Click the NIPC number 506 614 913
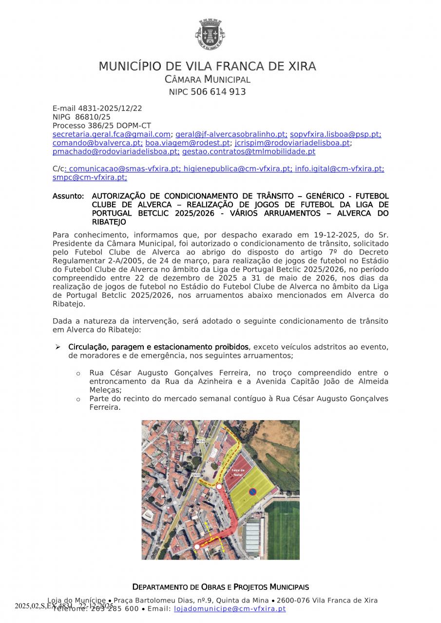pyautogui.click(x=218, y=92)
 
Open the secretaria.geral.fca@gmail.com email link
pyautogui.click(x=111, y=134)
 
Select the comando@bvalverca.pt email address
pyautogui.click(x=97, y=143)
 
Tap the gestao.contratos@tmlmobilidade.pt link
pyautogui.click(x=249, y=152)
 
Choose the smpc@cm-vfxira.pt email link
pyautogui.click(x=89, y=178)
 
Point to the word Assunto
pyautogui.click(x=68, y=196)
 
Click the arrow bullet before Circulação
pyautogui.click(x=58, y=347)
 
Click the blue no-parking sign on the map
pyautogui.click(x=252, y=492)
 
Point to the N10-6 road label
pyautogui.click(x=201, y=441)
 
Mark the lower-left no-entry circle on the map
pyautogui.click(x=197, y=547)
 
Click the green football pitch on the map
pyautogui.click(x=283, y=531)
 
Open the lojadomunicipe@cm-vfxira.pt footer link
pyautogui.click(x=230, y=609)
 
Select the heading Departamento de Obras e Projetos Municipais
pyautogui.click(x=220, y=587)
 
